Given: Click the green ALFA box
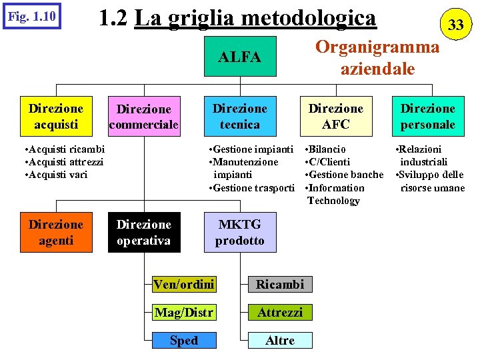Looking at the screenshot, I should point(240,58).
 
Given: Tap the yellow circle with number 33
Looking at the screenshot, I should point(455,25).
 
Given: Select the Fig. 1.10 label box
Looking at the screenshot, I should point(31,16).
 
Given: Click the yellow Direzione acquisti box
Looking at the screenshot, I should point(56,117).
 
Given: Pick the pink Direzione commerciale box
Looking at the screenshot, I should point(144,117).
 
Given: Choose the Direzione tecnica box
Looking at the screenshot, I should point(240,117).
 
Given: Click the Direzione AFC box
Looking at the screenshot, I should point(335,117).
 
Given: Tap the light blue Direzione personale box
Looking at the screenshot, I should point(427,117).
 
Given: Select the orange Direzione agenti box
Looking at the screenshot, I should point(56,233).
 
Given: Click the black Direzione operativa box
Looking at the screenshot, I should point(144,233).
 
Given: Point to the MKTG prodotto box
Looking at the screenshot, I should point(240,233).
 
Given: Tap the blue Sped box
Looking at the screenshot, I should point(183,341).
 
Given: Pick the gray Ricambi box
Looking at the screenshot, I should point(280,285).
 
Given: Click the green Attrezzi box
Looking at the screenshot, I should point(280,313).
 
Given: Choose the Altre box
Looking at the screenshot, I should point(280,341).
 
